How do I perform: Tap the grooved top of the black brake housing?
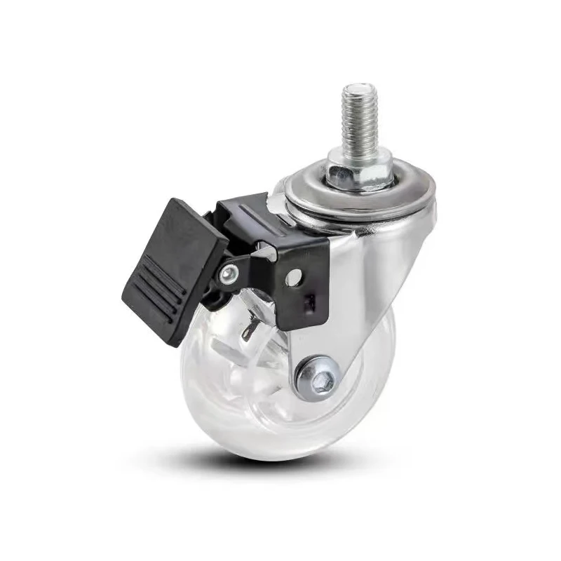click(242, 210)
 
